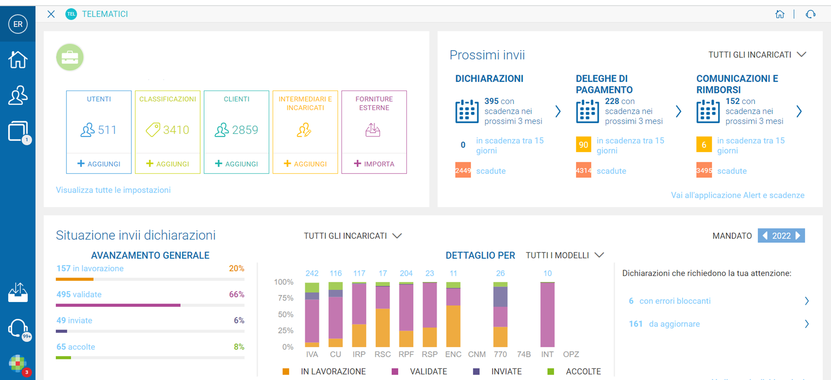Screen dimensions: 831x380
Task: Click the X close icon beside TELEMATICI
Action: (x=51, y=14)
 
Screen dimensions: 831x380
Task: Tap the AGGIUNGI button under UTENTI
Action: (x=99, y=164)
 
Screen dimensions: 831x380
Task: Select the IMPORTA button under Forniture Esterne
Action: (x=374, y=164)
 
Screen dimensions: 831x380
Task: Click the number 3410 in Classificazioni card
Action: (x=176, y=130)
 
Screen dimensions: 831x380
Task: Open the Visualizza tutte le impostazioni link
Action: (x=113, y=190)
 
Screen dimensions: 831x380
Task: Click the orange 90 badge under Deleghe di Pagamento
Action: (x=583, y=144)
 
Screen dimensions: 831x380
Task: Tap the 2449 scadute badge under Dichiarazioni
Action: (x=463, y=170)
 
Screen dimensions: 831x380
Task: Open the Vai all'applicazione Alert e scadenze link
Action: (x=738, y=195)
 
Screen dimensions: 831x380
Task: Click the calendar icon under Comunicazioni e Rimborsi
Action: (x=708, y=111)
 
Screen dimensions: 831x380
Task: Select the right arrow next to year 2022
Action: (x=798, y=236)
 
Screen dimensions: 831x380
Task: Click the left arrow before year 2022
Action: (x=765, y=236)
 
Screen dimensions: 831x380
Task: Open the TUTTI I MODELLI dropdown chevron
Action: (x=599, y=255)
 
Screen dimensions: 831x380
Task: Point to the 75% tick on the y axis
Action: (x=284, y=298)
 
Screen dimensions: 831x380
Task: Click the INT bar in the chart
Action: (x=547, y=314)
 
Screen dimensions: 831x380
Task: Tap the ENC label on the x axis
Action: (x=453, y=354)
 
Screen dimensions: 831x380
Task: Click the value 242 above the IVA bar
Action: (x=312, y=273)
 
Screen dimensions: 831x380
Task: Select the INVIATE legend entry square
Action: (x=476, y=371)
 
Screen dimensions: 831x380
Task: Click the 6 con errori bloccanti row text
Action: (x=670, y=301)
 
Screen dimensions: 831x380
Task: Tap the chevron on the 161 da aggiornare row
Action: (x=806, y=324)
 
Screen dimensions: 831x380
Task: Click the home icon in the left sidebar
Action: (x=18, y=60)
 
